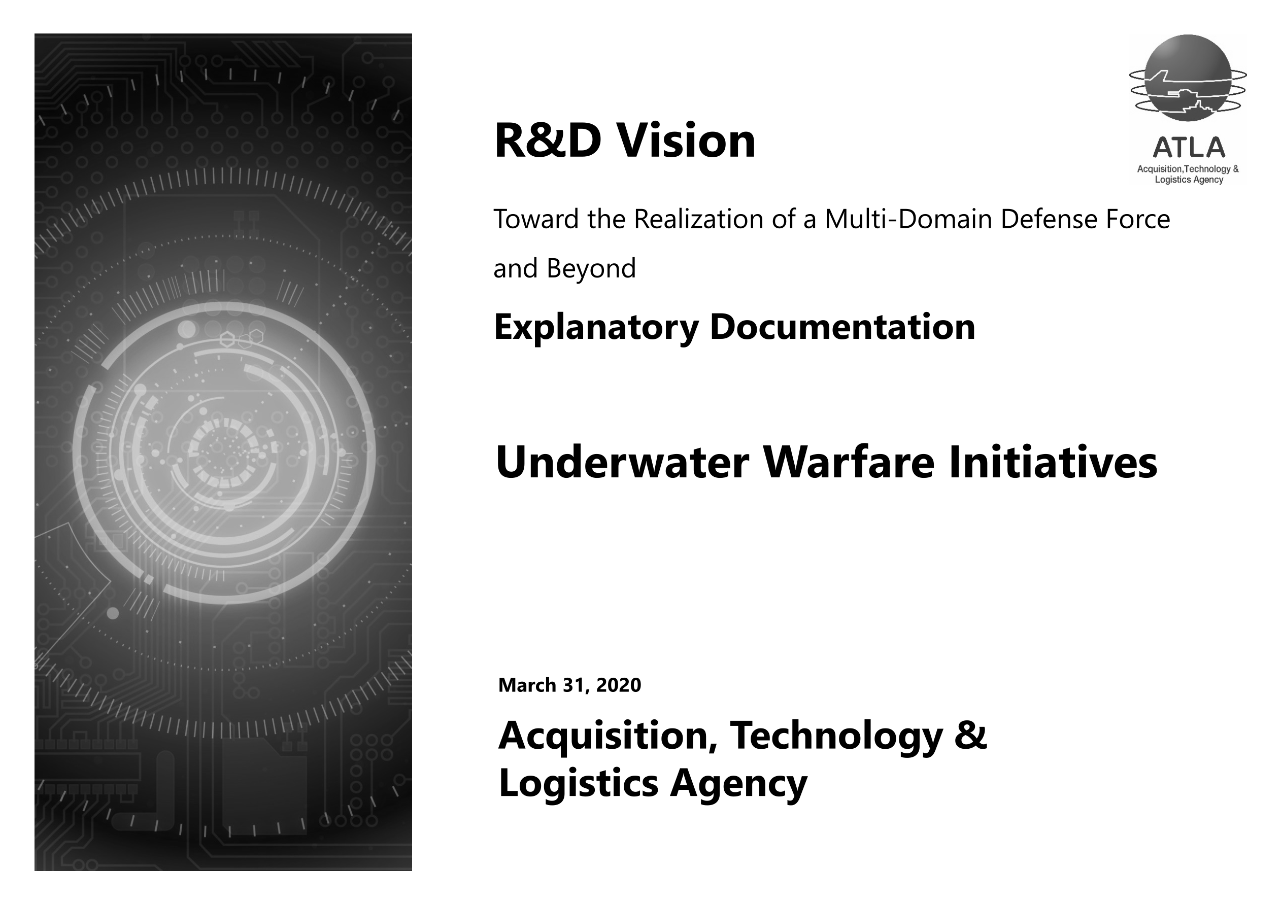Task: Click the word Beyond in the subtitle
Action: [x=591, y=268]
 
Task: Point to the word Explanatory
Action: [x=596, y=328]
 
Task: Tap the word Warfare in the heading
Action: [x=848, y=463]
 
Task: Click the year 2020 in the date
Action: [x=619, y=685]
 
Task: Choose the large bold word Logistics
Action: [x=579, y=784]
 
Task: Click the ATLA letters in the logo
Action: [x=1189, y=148]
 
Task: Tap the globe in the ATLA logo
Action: [x=1188, y=78]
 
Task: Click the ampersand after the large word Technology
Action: [x=971, y=735]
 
